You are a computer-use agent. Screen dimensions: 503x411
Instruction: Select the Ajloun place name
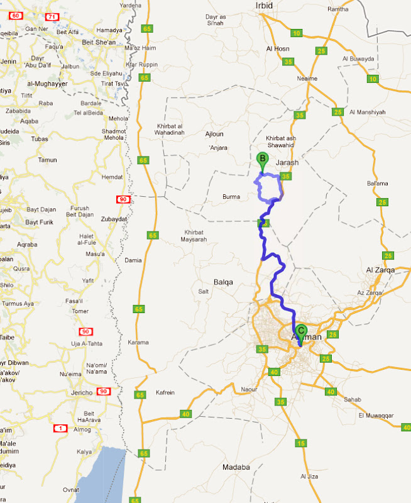pos(214,134)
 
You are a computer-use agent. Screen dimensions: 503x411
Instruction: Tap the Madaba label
pos(236,467)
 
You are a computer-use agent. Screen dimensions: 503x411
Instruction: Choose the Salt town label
pos(204,292)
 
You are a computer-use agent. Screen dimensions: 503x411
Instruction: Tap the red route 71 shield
pos(53,16)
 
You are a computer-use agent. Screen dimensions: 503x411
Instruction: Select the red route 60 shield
pos(9,15)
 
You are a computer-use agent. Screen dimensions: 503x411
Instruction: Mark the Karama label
pos(138,343)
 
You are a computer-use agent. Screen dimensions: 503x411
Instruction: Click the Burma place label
pos(231,197)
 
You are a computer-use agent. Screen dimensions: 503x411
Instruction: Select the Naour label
pos(249,390)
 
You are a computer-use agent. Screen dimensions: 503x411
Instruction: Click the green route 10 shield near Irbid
pos(297,32)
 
